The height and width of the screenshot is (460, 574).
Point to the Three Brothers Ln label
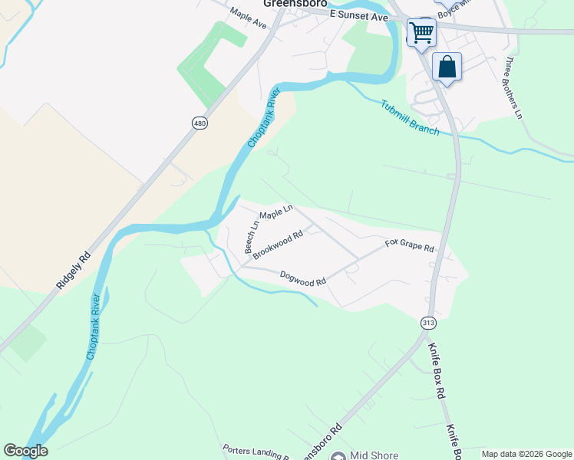coord(513,87)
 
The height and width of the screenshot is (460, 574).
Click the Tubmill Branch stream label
coord(410,117)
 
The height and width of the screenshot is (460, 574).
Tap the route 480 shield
coord(200,123)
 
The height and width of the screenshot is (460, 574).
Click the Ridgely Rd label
coord(74,271)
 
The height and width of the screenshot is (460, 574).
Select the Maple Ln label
coord(276,211)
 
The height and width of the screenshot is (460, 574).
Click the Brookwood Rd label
coord(279,245)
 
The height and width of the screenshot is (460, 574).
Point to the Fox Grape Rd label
coord(410,246)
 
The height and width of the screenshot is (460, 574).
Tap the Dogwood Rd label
coord(303,278)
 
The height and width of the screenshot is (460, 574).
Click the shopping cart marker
coord(421,33)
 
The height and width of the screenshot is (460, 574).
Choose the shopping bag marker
coord(447,67)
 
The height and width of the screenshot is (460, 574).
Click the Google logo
coord(25,451)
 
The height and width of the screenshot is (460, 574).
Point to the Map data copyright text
coord(526,454)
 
